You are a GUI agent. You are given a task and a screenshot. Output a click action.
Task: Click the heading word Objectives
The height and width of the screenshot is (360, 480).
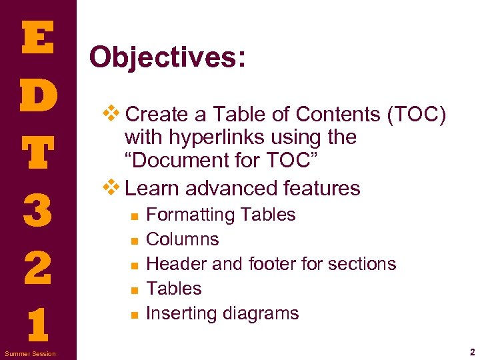coord(167,57)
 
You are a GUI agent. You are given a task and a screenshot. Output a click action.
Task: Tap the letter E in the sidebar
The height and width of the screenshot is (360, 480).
coord(38,39)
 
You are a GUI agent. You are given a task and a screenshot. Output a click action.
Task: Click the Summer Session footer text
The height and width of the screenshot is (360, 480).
coord(30,353)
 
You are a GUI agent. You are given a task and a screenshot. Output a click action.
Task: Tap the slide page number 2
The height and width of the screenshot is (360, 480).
coord(471,351)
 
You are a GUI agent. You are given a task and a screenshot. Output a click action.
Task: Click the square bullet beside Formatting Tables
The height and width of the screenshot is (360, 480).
coord(134,216)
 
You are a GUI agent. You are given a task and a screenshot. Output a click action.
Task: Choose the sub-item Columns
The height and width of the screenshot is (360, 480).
coord(182,239)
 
